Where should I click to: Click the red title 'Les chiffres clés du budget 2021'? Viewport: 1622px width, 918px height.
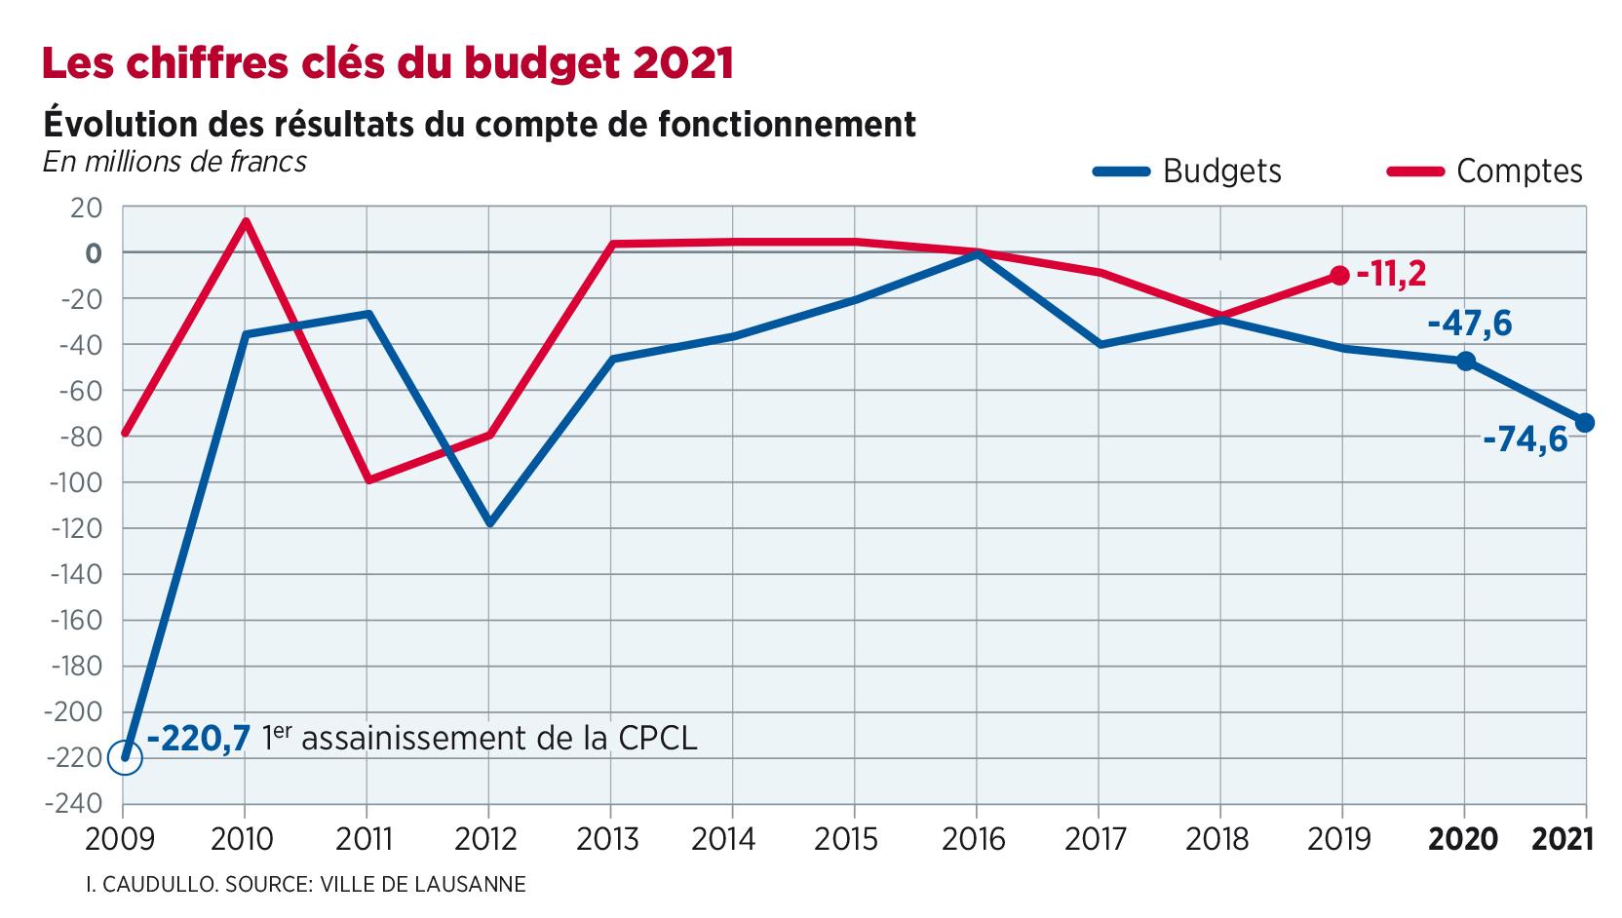pyautogui.click(x=386, y=63)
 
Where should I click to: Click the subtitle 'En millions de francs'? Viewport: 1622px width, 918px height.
pyautogui.click(x=174, y=161)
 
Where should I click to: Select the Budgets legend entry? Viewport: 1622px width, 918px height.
pyautogui.click(x=1187, y=172)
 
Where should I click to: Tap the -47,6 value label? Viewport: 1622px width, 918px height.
pyautogui.click(x=1469, y=323)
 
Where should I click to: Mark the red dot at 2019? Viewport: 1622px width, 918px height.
pyautogui.click(x=1339, y=276)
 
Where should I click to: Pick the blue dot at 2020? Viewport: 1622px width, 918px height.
pyautogui.click(x=1464, y=362)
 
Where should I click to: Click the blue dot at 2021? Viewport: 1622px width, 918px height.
pyautogui.click(x=1585, y=423)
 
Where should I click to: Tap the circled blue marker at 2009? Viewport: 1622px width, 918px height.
pyautogui.click(x=125, y=757)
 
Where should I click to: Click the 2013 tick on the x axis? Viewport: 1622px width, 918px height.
pyautogui.click(x=610, y=838)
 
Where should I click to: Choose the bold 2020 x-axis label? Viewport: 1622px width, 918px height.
pyautogui.click(x=1462, y=838)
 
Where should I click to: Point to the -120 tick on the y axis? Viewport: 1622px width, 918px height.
pyautogui.click(x=80, y=528)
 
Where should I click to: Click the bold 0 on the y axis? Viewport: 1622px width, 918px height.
pyautogui.click(x=94, y=253)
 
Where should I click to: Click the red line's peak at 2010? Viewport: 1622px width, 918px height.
pyautogui.click(x=246, y=220)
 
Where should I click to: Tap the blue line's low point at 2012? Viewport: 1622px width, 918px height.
pyautogui.click(x=489, y=524)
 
